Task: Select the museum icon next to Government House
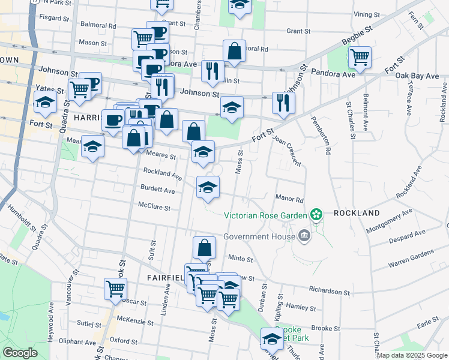304,236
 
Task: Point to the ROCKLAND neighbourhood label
357,213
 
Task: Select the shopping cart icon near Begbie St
360,57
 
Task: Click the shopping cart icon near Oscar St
115,289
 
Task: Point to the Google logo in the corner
20,352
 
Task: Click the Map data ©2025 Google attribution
411,355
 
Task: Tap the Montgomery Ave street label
390,220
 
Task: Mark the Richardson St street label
329,290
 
